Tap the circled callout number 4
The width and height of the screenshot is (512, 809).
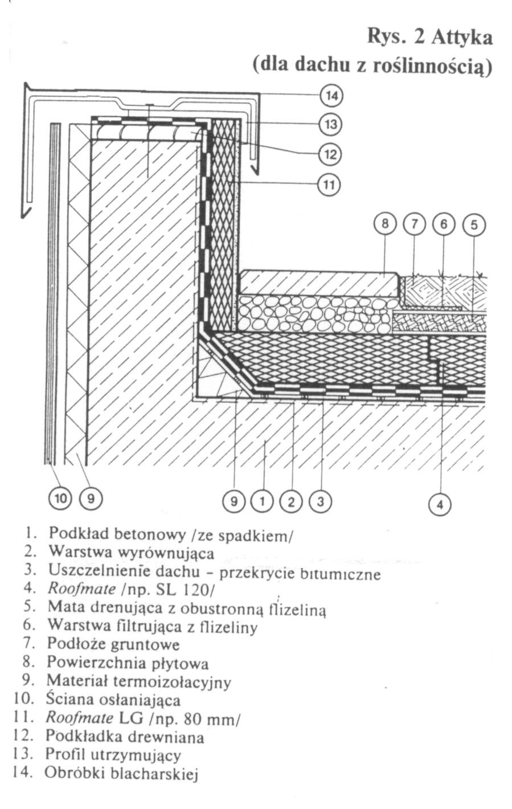pos(439,504)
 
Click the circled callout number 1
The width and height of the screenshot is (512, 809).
pos(263,502)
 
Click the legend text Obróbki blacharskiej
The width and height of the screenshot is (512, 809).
pos(122,773)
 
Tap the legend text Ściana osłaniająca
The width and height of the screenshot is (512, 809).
pos(113,698)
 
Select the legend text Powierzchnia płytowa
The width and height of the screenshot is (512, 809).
pos(128,663)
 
